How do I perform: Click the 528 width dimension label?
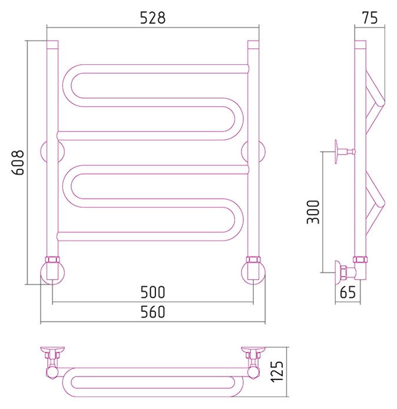pyautogui.click(x=153, y=18)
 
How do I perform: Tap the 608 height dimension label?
pyautogui.click(x=18, y=162)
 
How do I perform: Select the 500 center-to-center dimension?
pyautogui.click(x=153, y=292)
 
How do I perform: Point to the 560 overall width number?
pyautogui.click(x=153, y=312)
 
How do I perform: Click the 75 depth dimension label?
pyautogui.click(x=370, y=18)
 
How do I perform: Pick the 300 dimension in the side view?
pyautogui.click(x=313, y=212)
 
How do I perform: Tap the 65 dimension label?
pyautogui.click(x=348, y=292)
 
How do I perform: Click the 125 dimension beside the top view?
pyautogui.click(x=277, y=372)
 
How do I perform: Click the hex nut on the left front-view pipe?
pyautogui.click(x=52, y=260)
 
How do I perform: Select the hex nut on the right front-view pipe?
pyautogui.click(x=253, y=260)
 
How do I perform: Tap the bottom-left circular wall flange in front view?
pyautogui.click(x=52, y=273)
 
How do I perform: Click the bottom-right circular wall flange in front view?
pyautogui.click(x=253, y=273)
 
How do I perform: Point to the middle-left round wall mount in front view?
pyautogui.click(x=43, y=152)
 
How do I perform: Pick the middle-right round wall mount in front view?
pyautogui.click(x=263, y=152)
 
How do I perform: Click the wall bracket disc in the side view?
pyautogui.click(x=336, y=152)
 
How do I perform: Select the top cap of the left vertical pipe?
pyautogui.click(x=52, y=44)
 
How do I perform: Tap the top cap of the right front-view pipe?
pyautogui.click(x=253, y=44)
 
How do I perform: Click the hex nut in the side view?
pyautogui.click(x=360, y=260)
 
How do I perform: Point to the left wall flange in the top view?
pyautogui.click(x=52, y=349)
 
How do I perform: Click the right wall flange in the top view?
pyautogui.click(x=253, y=349)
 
